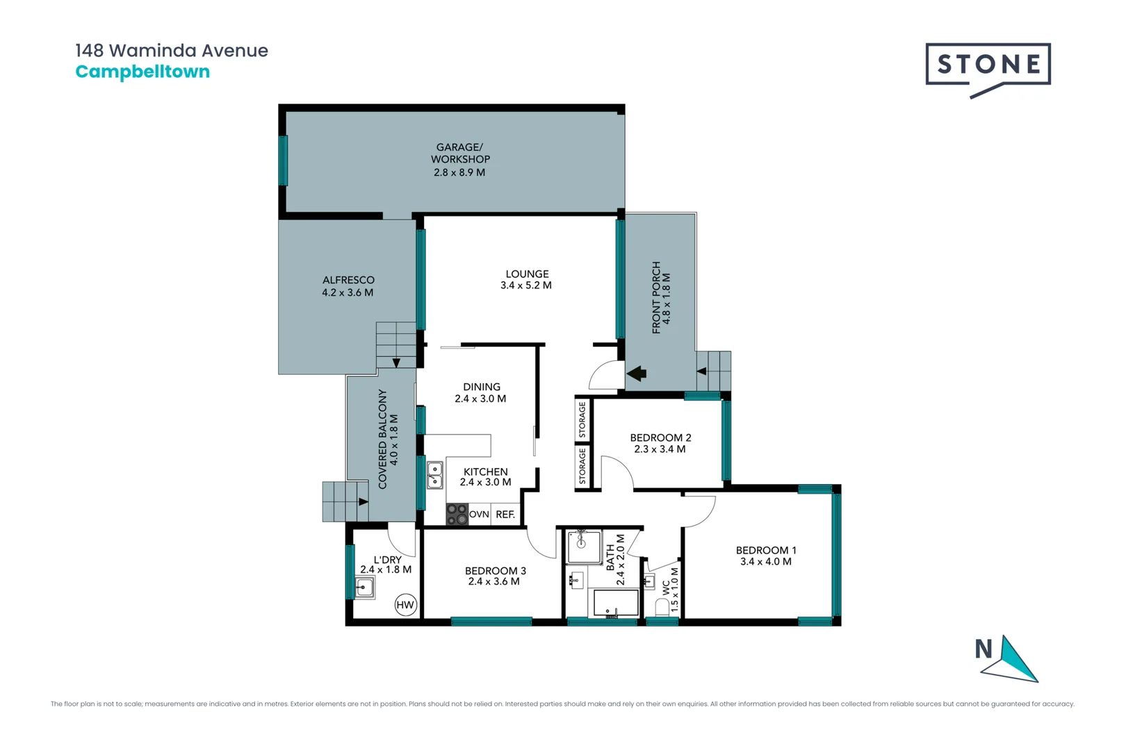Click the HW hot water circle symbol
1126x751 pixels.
405,604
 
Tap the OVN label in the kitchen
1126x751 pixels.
479,515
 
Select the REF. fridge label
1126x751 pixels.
505,515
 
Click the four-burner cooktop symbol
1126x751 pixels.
457,514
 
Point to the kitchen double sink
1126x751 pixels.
434,475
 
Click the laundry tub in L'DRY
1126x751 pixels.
364,588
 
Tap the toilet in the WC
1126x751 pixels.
662,606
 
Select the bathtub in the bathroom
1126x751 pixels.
615,603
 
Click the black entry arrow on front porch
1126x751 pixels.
637,373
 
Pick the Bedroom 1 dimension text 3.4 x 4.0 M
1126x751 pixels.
765,562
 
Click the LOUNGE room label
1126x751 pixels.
527,274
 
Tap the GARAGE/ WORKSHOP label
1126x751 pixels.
460,153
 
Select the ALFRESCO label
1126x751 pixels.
348,280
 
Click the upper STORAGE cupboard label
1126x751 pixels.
582,419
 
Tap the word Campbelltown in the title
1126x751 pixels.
142,72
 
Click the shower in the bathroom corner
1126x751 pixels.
584,547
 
